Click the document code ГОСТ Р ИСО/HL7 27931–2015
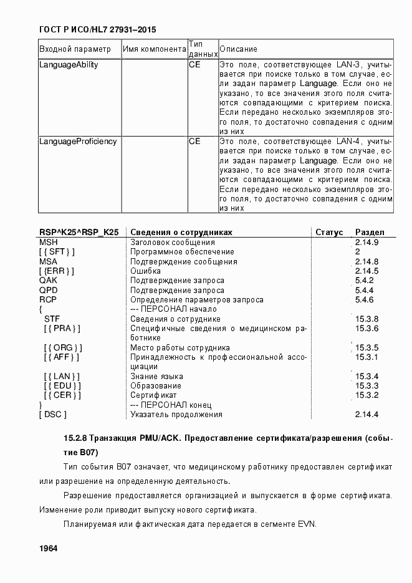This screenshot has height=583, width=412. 98,29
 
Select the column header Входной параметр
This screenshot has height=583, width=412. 75,49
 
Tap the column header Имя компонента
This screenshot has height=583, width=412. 154,49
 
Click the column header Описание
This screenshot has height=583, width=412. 238,49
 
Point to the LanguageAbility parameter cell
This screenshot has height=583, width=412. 69,64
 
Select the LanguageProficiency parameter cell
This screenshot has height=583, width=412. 78,142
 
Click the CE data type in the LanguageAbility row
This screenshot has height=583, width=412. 194,64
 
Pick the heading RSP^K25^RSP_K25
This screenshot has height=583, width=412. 79,232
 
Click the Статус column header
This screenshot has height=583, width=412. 329,232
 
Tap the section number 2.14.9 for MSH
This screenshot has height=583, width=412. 366,242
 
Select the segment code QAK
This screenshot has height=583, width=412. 48,281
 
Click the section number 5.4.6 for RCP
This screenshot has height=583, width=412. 364,300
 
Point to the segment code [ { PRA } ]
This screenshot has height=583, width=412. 62,329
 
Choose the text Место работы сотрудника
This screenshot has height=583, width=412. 180,348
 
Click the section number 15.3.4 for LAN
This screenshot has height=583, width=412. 366,377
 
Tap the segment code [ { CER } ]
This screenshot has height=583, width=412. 62,395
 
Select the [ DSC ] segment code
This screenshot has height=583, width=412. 53,415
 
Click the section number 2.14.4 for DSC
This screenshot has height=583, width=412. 366,415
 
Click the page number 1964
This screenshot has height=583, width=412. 48,548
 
